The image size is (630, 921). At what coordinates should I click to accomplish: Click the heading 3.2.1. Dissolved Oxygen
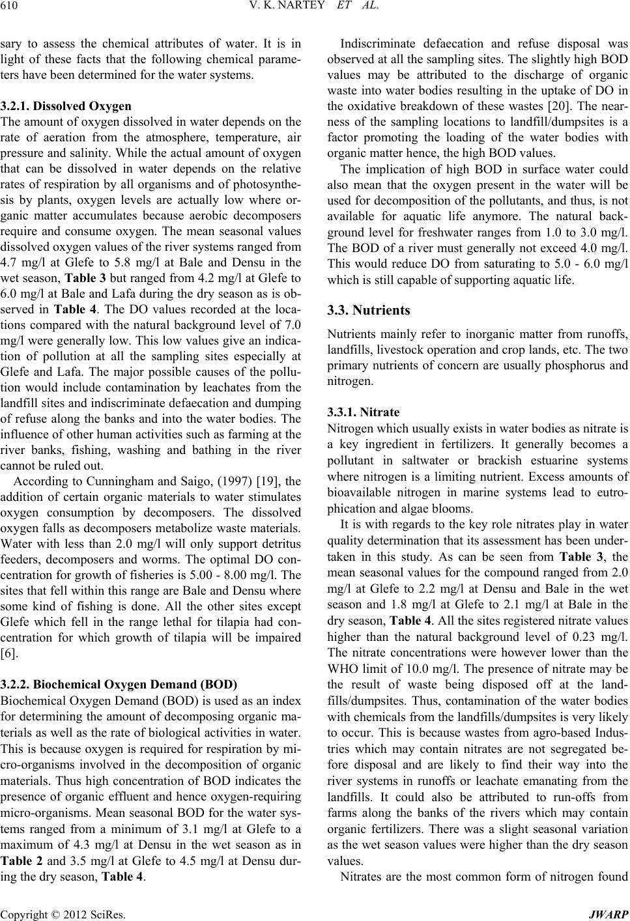point(65,106)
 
